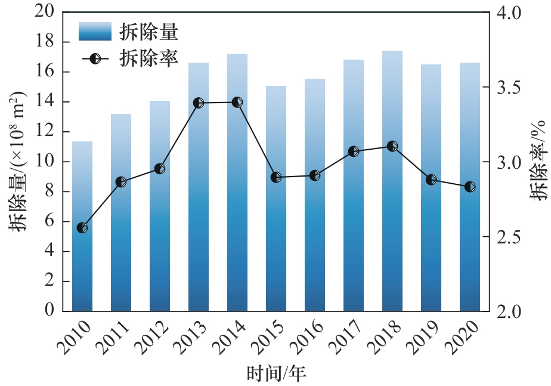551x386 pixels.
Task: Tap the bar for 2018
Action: tap(392, 181)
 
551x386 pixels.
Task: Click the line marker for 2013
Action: tap(199, 103)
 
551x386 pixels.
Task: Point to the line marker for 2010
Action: tap(82, 228)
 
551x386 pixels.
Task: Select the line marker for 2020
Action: tap(470, 187)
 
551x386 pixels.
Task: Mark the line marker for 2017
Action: tap(354, 152)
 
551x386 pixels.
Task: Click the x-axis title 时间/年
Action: tap(276, 373)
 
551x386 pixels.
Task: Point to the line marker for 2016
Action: tap(315, 175)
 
